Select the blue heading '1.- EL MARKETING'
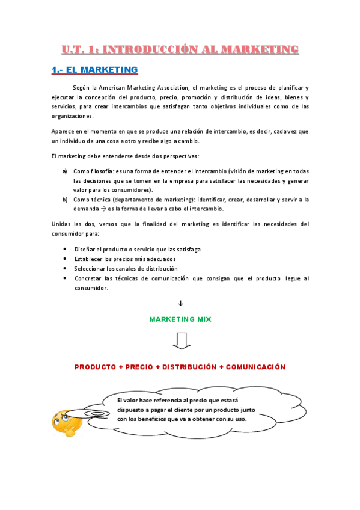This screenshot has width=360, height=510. click(94, 70)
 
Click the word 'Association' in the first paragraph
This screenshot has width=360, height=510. click(173, 87)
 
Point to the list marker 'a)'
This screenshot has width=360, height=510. click(64, 171)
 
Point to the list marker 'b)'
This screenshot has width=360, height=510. click(64, 200)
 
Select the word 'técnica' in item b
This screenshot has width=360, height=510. click(99, 200)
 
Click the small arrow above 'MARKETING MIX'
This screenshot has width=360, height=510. click(180, 303)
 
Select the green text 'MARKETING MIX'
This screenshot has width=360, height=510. click(180, 319)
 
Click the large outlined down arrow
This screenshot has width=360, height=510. click(180, 340)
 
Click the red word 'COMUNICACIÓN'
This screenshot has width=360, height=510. click(255, 367)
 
